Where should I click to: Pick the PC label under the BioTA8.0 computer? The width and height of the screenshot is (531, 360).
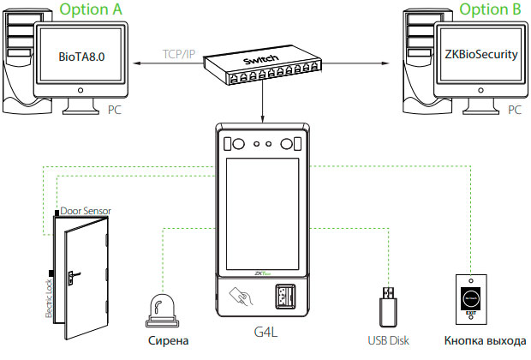[115, 111]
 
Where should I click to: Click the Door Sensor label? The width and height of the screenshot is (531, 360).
[85, 210]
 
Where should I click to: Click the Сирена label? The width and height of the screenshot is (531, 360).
[164, 340]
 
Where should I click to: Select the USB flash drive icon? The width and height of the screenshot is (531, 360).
[387, 304]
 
